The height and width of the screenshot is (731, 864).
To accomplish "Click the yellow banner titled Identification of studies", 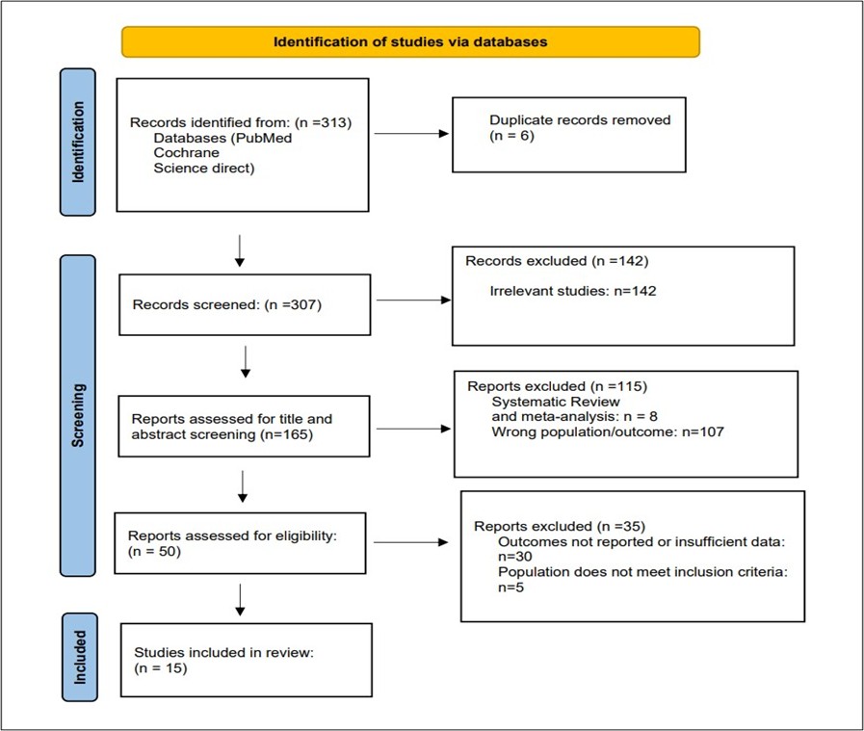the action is (x=410, y=41).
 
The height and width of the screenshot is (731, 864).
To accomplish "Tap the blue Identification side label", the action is (x=78, y=143).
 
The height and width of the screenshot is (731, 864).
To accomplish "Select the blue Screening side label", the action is (x=78, y=415).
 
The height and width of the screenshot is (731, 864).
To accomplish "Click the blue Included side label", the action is (x=80, y=657).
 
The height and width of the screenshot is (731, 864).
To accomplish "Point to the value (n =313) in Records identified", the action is (x=324, y=122).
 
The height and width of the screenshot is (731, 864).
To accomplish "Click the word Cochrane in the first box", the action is (x=186, y=152).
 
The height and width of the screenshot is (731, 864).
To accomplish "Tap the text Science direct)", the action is (x=204, y=168).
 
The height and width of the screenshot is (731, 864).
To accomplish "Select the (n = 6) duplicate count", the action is (x=511, y=136).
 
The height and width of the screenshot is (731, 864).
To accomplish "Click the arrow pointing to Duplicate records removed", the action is (x=411, y=133).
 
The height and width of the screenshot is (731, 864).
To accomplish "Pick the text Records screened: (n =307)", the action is (x=227, y=304).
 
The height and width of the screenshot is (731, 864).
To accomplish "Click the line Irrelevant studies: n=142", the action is (x=573, y=291).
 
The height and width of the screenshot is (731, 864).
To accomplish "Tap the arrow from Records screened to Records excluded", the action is (x=414, y=300).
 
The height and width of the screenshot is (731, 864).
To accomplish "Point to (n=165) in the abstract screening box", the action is (x=286, y=434).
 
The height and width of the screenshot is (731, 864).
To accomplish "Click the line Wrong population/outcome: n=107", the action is (x=608, y=431).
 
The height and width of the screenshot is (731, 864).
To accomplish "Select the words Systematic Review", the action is (x=556, y=402).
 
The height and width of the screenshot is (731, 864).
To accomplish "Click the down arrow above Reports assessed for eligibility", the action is (x=243, y=486).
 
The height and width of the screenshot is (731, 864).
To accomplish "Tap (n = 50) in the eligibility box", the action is (x=154, y=552).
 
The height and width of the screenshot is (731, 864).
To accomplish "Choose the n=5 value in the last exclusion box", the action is (x=511, y=587).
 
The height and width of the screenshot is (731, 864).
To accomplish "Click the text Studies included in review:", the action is (x=223, y=653).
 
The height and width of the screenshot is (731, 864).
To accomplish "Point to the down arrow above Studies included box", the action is (x=240, y=600).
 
